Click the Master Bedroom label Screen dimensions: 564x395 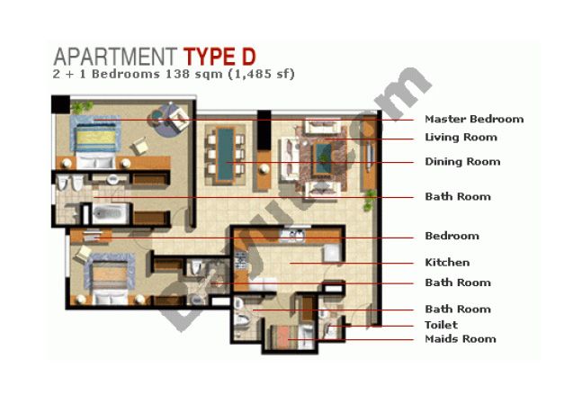[474, 119]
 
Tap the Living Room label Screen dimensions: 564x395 [461, 138]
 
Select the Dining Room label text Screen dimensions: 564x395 [462, 162]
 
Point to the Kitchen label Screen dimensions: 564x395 [447, 262]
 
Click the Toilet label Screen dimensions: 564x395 [441, 325]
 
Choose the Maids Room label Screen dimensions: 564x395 [461, 339]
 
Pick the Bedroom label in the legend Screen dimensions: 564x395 [452, 236]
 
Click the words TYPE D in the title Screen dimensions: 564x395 [219, 57]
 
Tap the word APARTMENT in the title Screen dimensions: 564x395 [115, 57]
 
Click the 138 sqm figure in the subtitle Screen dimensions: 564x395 [194, 74]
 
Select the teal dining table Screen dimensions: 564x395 [226, 154]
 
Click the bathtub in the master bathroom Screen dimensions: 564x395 [111, 213]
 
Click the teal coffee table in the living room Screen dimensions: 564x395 [322, 158]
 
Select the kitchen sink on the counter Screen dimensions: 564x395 [292, 235]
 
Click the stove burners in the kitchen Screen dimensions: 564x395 [240, 260]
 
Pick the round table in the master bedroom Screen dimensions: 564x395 [158, 116]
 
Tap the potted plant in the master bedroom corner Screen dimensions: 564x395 [81, 106]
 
